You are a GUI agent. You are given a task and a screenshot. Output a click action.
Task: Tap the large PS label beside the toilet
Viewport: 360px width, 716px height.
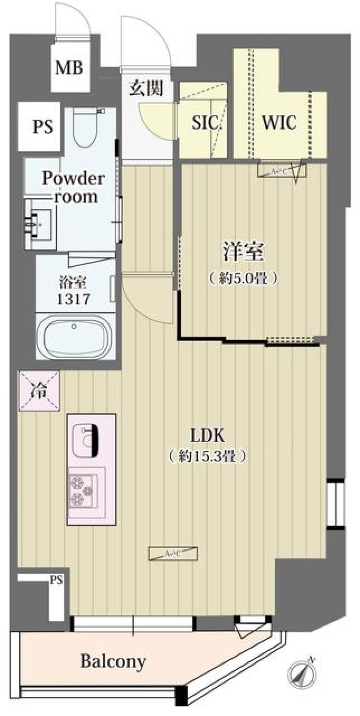(42, 127)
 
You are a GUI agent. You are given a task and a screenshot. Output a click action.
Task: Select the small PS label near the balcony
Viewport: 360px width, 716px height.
(57, 580)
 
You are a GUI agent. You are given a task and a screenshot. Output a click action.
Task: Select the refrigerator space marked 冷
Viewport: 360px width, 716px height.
(39, 391)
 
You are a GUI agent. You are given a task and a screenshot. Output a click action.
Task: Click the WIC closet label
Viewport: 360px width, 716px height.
(279, 122)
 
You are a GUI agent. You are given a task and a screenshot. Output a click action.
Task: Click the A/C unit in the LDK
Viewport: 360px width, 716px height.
(173, 553)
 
